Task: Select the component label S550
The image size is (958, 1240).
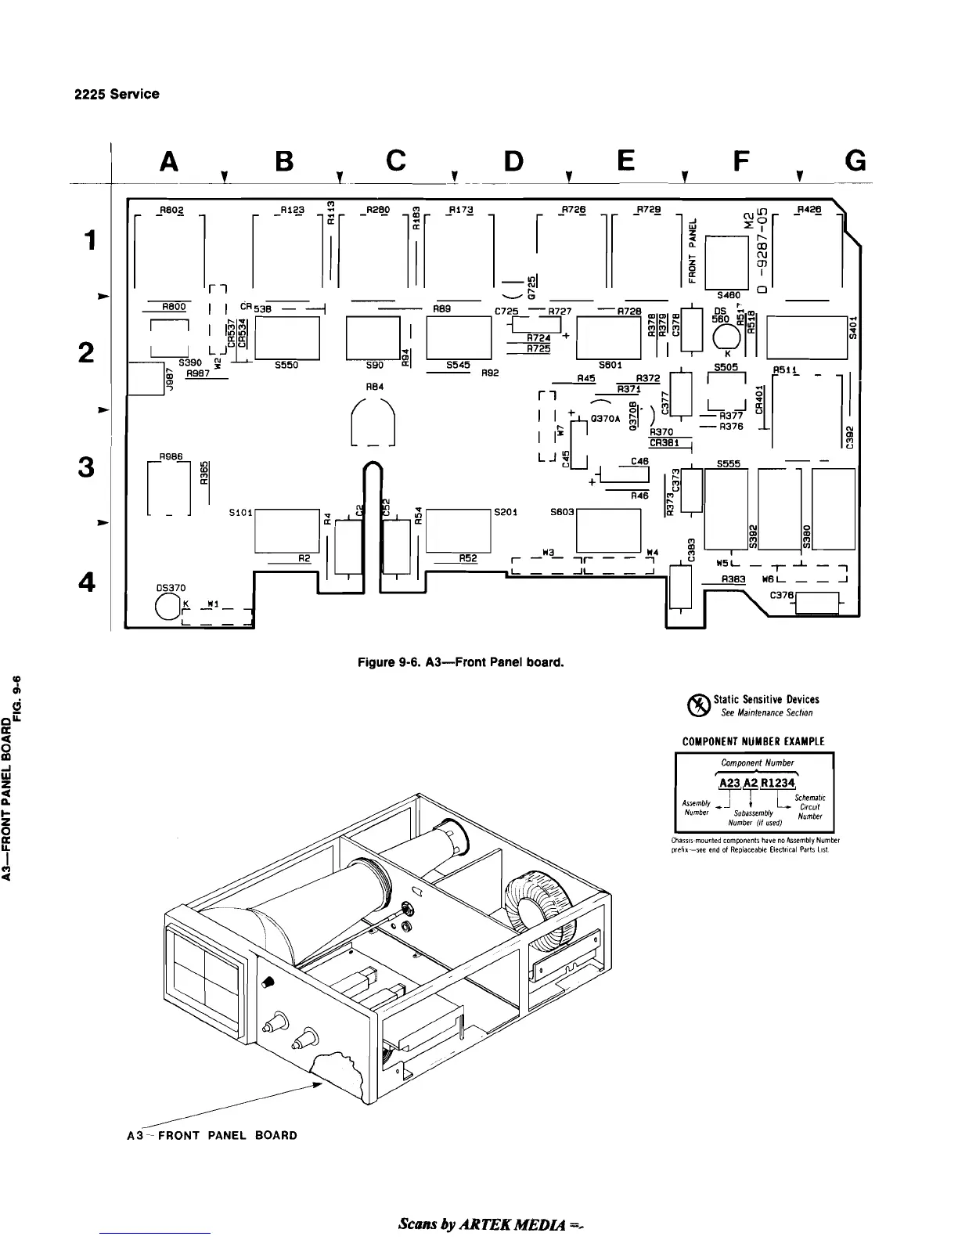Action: (287, 364)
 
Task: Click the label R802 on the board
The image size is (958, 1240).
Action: (170, 210)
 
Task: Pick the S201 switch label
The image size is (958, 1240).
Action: (506, 512)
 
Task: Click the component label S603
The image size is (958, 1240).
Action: (563, 512)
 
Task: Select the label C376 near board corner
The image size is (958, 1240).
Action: (783, 596)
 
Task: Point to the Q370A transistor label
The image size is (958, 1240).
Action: (607, 419)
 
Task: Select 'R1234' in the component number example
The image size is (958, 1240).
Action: (777, 784)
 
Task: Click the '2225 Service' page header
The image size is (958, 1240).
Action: (117, 94)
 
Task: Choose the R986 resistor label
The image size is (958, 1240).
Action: (171, 456)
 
